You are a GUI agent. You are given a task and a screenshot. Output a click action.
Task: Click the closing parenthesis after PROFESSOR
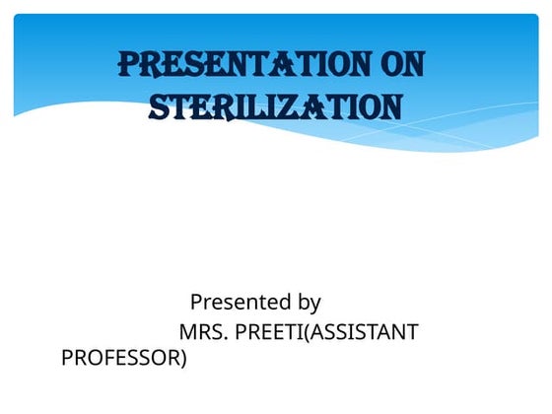pos(182,358)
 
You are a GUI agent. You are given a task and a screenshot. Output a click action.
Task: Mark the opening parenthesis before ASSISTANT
pos(306,332)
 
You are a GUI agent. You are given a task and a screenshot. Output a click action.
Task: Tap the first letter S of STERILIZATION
pos(159,106)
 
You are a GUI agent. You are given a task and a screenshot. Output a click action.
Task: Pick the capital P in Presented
pos(196,302)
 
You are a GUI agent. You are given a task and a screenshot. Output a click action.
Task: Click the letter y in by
pos(314,304)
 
